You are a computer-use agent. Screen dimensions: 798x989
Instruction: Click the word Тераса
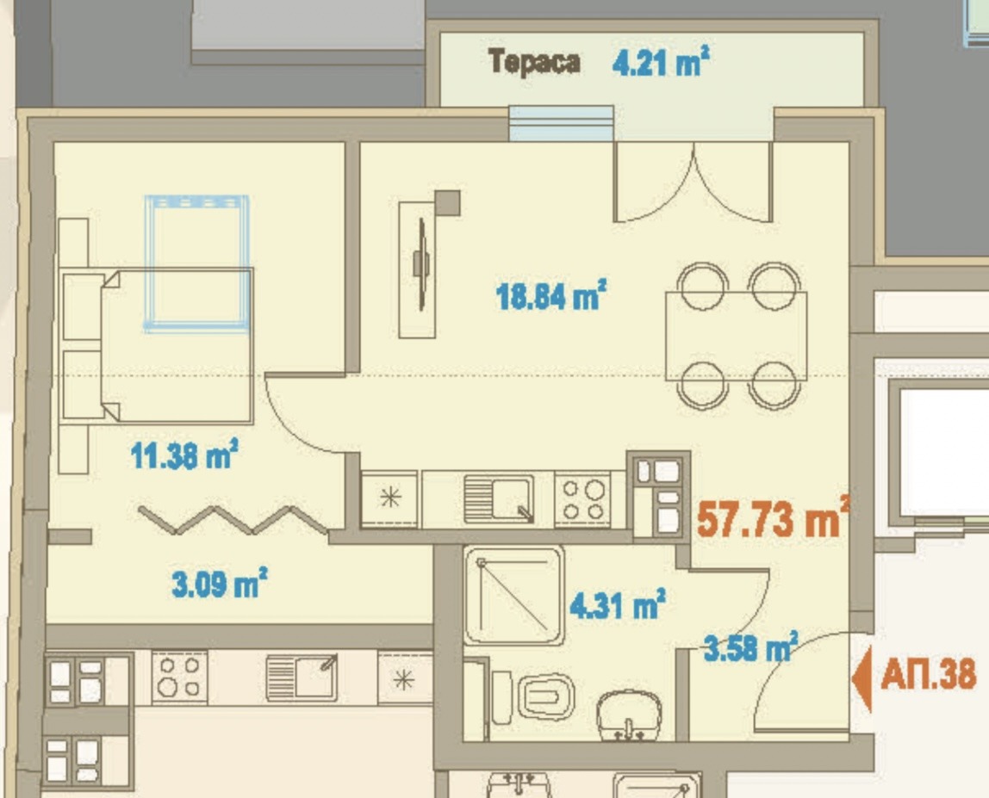(534, 62)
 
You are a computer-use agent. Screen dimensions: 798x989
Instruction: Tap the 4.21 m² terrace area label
(661, 62)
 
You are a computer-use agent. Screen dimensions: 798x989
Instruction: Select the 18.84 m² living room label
(551, 297)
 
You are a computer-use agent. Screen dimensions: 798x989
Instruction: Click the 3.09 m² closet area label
(219, 586)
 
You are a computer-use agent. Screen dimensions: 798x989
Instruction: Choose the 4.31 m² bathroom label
(617, 605)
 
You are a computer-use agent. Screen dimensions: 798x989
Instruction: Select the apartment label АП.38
(929, 674)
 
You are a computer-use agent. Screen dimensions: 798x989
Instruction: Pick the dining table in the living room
(737, 336)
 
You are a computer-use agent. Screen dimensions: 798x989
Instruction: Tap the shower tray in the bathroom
(514, 595)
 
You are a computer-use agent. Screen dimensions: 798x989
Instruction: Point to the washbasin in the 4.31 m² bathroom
(629, 714)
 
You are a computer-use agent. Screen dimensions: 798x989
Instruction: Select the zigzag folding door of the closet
(233, 519)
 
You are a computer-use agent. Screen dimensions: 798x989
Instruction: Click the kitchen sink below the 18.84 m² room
(497, 499)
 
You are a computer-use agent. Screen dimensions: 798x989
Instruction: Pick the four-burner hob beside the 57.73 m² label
(582, 500)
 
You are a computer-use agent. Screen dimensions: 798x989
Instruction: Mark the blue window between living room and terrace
(561, 122)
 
